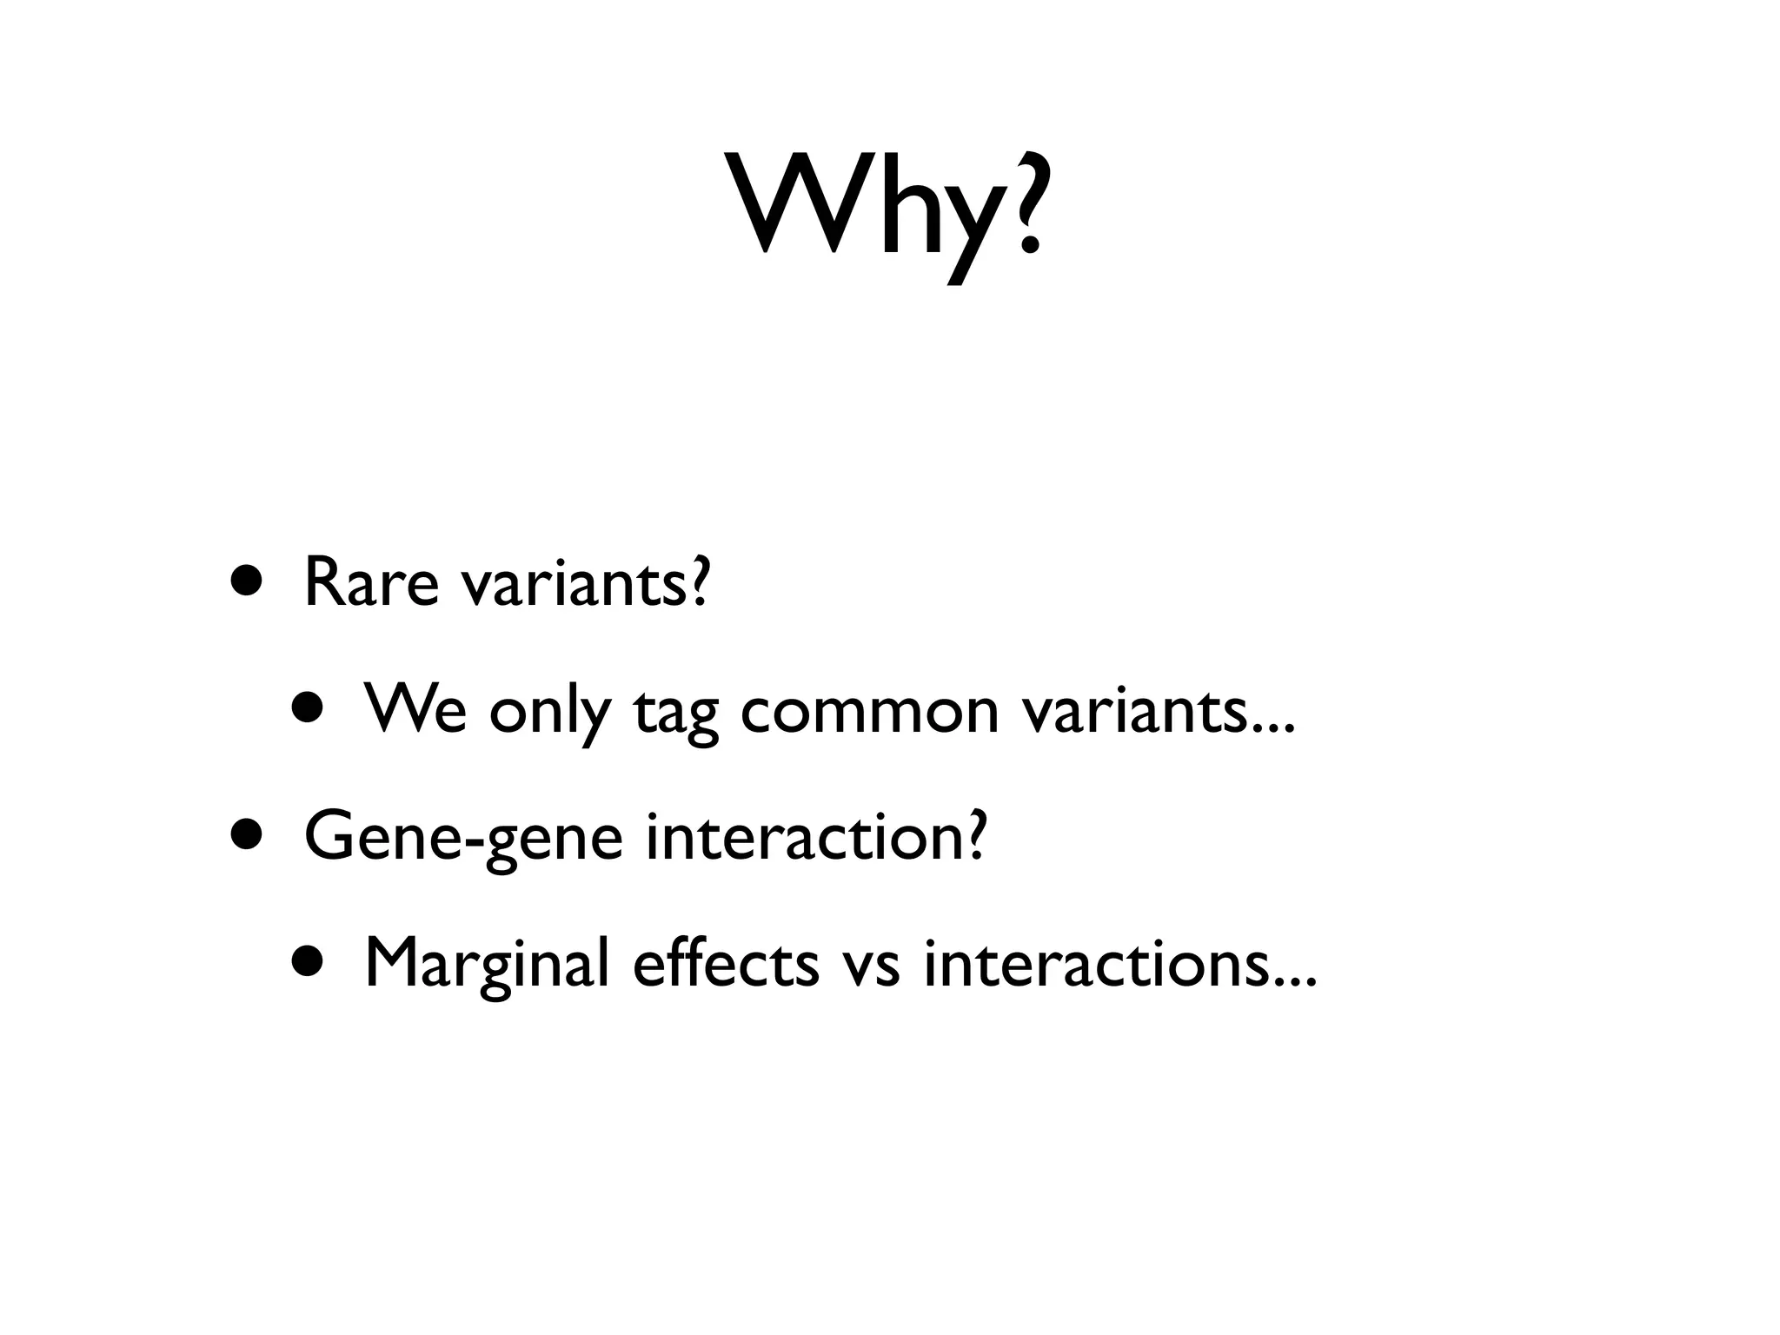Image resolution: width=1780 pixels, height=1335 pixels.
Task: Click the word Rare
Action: click(x=371, y=583)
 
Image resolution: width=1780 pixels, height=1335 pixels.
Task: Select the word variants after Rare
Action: click(x=584, y=583)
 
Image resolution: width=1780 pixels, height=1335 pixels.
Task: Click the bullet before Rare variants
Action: click(x=245, y=580)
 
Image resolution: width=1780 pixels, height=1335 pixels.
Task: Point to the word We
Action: click(x=415, y=709)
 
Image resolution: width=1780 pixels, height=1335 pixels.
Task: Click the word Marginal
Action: click(x=487, y=965)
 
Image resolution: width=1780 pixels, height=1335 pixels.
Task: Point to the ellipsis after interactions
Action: click(x=1296, y=982)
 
